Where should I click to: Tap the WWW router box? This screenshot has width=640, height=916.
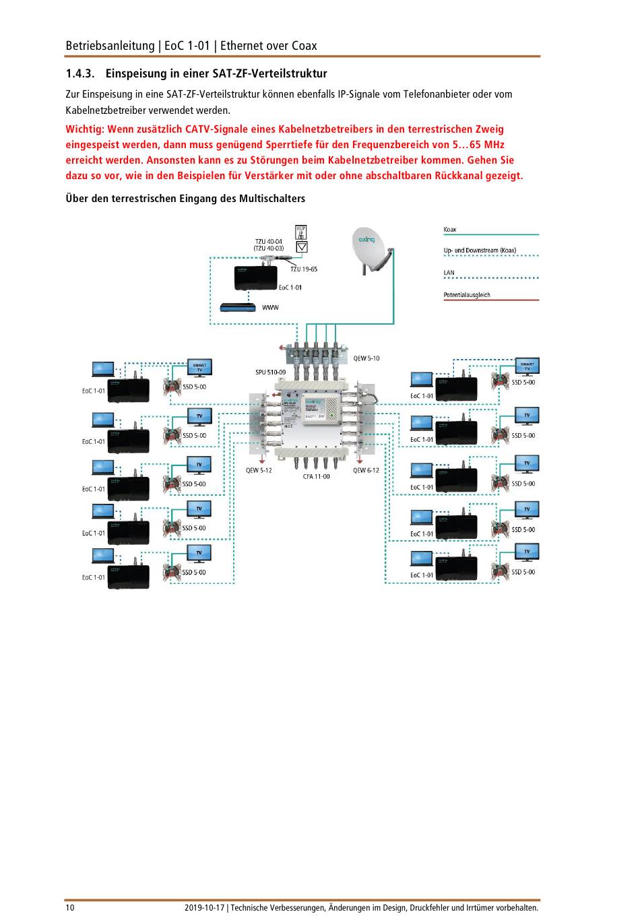pyautogui.click(x=238, y=308)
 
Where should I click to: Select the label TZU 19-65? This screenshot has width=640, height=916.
pyautogui.click(x=304, y=269)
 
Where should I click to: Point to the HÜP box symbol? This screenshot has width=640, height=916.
pyautogui.click(x=301, y=232)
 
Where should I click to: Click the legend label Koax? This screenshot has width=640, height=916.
pyautogui.click(x=450, y=230)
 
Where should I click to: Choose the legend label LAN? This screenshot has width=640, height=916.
pyautogui.click(x=449, y=273)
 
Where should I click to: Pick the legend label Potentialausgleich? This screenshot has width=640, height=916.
pyautogui.click(x=467, y=295)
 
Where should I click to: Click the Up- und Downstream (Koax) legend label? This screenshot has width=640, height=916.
pyautogui.click(x=480, y=251)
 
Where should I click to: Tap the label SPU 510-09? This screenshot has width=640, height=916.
pyautogui.click(x=270, y=372)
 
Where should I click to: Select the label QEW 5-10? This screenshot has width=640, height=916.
pyautogui.click(x=366, y=358)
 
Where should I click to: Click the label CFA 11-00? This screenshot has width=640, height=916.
pyautogui.click(x=316, y=476)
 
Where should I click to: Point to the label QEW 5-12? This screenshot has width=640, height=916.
pyautogui.click(x=259, y=470)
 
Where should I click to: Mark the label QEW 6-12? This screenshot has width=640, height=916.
pyautogui.click(x=366, y=470)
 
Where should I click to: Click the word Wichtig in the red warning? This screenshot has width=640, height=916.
pyautogui.click(x=84, y=129)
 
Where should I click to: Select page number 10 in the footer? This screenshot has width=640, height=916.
pyautogui.click(x=70, y=907)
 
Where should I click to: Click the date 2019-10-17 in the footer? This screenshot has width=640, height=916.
pyautogui.click(x=204, y=907)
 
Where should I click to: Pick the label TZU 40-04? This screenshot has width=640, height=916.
pyautogui.click(x=269, y=241)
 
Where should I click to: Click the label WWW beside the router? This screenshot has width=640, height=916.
pyautogui.click(x=270, y=308)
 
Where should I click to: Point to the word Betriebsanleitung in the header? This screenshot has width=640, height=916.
pyautogui.click(x=110, y=46)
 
